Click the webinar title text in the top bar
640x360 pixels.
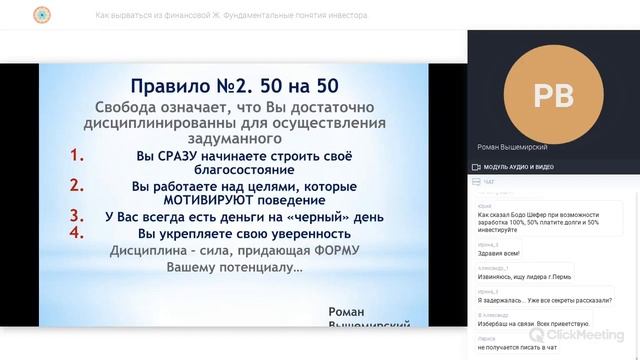(x=231, y=16)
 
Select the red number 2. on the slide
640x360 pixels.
(x=77, y=185)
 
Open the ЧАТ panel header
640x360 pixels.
(x=489, y=183)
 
